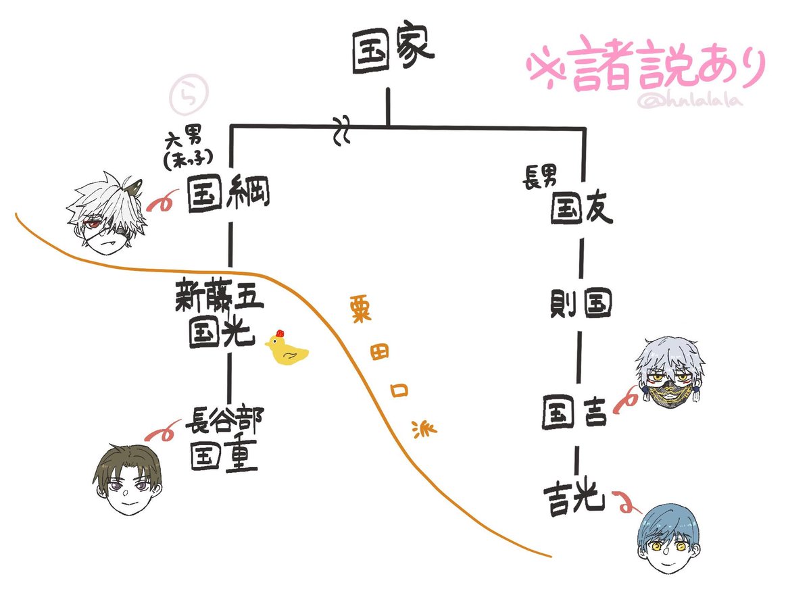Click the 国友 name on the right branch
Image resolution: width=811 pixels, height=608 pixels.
pyautogui.click(x=581, y=209)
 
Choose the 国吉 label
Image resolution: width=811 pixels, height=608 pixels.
pyautogui.click(x=576, y=414)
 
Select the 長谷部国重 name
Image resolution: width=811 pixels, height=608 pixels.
pyautogui.click(x=223, y=439)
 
